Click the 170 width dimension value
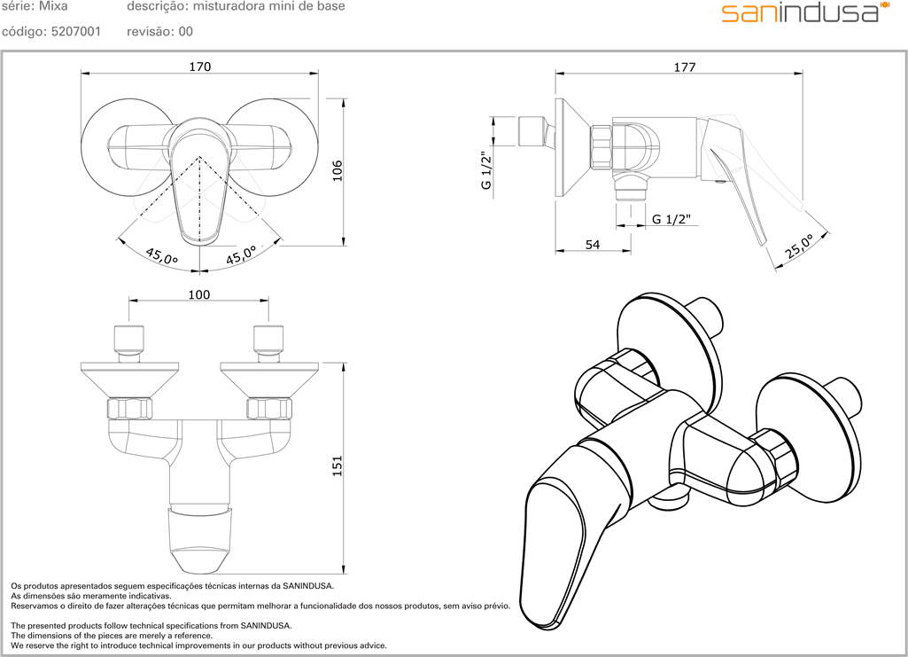199,66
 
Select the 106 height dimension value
337,169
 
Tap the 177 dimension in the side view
684,67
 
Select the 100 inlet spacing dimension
199,294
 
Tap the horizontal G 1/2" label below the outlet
671,219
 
